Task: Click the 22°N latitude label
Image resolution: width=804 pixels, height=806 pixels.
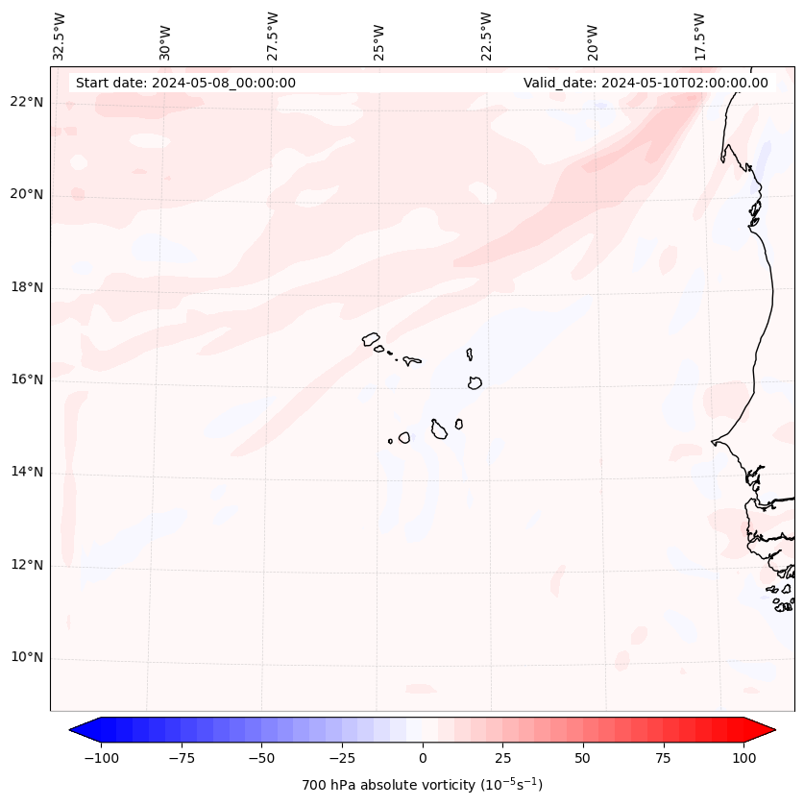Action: point(28,103)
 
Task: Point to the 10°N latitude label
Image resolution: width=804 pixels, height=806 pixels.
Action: point(28,658)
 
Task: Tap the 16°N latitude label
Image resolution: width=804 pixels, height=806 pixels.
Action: point(28,380)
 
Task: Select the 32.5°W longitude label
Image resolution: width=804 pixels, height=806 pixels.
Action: point(60,37)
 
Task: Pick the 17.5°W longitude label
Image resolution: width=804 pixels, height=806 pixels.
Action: point(700,37)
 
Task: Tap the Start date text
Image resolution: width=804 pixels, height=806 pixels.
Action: point(185,83)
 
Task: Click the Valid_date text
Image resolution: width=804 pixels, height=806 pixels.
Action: point(646,83)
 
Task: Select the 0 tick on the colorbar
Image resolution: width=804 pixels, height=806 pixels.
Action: point(423,759)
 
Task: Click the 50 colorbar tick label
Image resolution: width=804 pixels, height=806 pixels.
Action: point(583,759)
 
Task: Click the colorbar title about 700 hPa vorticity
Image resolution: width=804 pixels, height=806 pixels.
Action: point(423,786)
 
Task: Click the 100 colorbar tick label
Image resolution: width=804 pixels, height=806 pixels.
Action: point(743,759)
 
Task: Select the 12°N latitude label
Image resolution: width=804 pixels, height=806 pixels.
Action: point(28,566)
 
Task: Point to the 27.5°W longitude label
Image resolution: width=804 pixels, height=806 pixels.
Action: point(273,37)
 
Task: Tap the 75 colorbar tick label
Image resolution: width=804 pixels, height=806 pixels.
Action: point(664,759)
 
